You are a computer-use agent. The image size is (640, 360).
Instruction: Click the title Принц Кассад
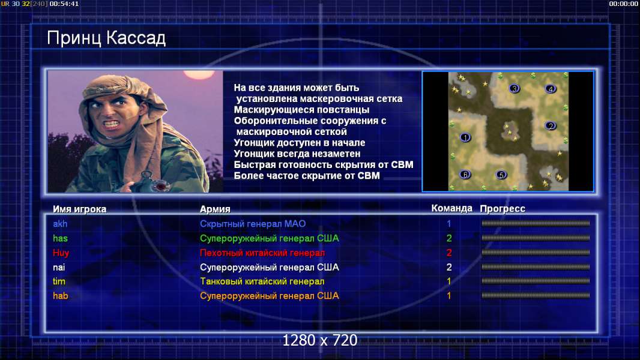point(106,38)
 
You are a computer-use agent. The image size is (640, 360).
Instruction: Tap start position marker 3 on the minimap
point(515,88)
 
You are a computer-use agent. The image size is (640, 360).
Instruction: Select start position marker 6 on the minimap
point(465,175)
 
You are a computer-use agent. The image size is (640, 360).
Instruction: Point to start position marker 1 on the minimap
point(465,137)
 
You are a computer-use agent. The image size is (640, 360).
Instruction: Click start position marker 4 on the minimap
point(550,88)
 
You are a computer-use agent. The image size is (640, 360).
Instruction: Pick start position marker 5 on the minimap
point(501,175)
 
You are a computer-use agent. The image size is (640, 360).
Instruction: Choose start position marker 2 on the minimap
point(550,125)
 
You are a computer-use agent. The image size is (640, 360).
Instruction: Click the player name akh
point(60,224)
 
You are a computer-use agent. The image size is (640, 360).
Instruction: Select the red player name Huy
point(61,253)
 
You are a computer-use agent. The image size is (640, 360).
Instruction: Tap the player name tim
point(59,281)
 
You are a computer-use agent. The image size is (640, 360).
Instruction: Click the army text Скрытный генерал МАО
point(253,224)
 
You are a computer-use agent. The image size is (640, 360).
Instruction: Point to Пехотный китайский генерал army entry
point(262,253)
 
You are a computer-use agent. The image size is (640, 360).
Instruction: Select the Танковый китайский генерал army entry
point(262,281)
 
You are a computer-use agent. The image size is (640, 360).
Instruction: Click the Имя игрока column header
point(80,209)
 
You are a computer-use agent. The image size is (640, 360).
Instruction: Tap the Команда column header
point(452,208)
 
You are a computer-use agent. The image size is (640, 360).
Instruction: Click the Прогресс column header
point(503,209)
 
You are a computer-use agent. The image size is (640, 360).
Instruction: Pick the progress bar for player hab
point(536,296)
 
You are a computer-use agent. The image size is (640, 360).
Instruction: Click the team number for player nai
point(449,267)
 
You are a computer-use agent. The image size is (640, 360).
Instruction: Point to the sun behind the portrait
point(199,74)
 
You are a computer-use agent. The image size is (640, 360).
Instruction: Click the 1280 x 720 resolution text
point(320,340)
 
